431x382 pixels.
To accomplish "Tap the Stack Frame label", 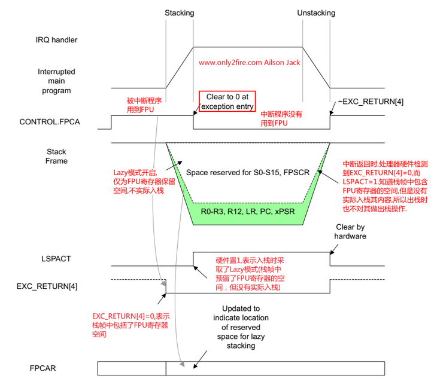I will coord(57,157).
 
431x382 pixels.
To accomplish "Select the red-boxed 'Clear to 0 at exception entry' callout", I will coord(227,102).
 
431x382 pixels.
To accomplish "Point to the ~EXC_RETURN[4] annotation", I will coord(371,102).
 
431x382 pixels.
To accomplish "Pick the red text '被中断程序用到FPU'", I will coord(141,105).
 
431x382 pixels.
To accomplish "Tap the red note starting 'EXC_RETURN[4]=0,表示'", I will coord(131,325).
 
